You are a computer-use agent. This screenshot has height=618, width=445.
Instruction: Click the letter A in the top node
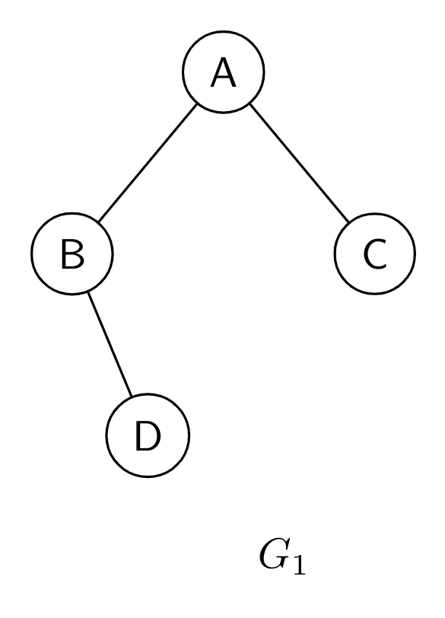(x=224, y=72)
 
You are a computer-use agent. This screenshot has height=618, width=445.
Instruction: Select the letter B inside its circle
(x=72, y=254)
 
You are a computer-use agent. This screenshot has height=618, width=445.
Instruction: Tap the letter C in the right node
(x=375, y=254)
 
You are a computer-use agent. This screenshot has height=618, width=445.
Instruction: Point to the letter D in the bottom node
(x=148, y=435)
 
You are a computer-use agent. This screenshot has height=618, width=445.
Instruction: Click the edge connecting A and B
(x=148, y=163)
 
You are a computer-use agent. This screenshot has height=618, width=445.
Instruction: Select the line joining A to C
(x=299, y=163)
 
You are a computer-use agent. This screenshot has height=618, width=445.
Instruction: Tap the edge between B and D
(x=110, y=344)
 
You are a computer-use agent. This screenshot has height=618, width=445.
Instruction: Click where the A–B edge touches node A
(x=196, y=104)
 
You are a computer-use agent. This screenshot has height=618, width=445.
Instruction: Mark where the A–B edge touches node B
(x=99, y=222)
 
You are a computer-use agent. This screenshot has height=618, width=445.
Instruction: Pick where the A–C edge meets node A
(x=250, y=104)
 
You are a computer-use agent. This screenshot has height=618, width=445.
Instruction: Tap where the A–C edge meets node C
(x=348, y=222)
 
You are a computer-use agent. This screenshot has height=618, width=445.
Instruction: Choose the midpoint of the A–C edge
(x=299, y=163)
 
